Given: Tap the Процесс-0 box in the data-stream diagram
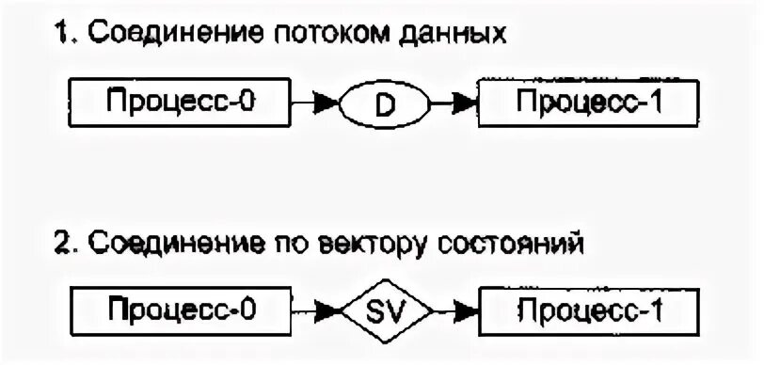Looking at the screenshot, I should [180, 103].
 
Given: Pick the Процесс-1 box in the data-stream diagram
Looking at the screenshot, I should [589, 103].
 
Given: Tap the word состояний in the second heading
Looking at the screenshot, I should [523, 246].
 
